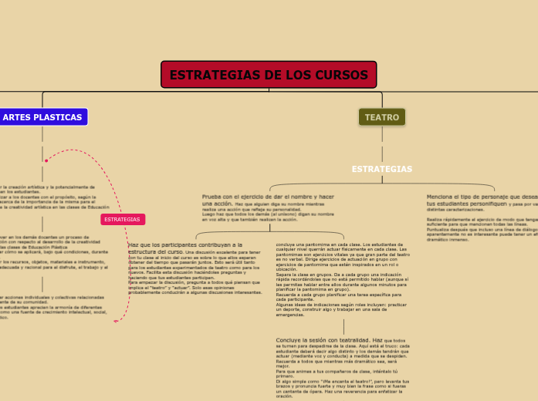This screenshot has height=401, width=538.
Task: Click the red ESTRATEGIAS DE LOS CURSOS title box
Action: (269, 75)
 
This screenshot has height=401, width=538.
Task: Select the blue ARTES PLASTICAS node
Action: (42, 117)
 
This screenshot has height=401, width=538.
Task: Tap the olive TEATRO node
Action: (381, 117)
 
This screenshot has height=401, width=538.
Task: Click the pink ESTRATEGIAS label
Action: (122, 220)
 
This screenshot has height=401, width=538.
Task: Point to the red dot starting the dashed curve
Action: (46, 161)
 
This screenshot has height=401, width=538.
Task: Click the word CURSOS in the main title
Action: (341, 75)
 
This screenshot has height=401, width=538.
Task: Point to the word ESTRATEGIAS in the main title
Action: (214, 75)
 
